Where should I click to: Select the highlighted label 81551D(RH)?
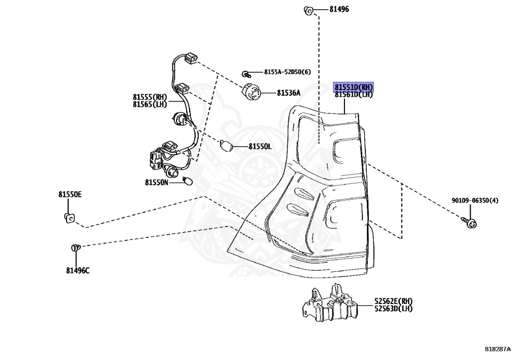[354, 87]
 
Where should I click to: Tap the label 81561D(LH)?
[354, 94]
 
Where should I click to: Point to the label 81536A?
[288, 93]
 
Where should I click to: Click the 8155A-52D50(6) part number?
[286, 72]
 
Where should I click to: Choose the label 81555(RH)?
[150, 97]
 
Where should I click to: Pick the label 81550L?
[260, 147]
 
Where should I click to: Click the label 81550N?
[156, 182]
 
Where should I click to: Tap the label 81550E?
[70, 195]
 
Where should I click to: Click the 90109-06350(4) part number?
[475, 201]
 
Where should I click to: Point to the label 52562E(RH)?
[393, 301]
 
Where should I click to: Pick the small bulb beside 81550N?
[188, 181]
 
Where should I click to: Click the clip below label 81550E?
[69, 219]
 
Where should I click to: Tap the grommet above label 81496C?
[75, 248]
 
